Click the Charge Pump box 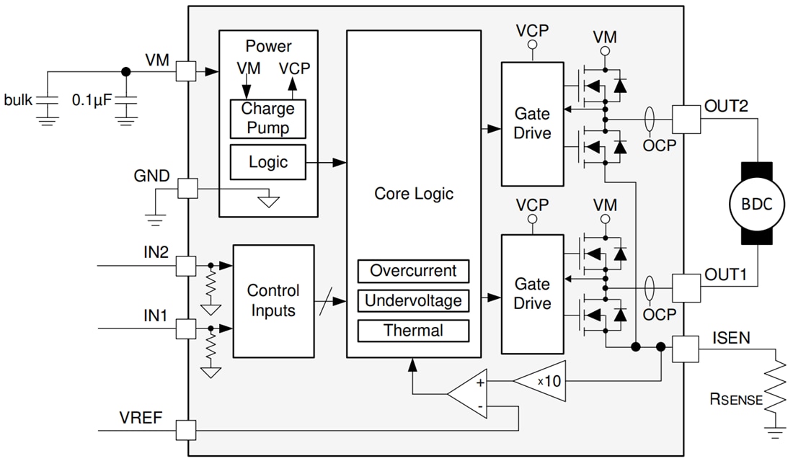pyautogui.click(x=267, y=119)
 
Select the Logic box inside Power pyautogui.click(x=267, y=162)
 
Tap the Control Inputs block pyautogui.click(x=273, y=300)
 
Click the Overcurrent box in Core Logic pyautogui.click(x=413, y=271)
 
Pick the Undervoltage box pyautogui.click(x=413, y=300)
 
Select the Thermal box pyautogui.click(x=413, y=331)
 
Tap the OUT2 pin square pyautogui.click(x=686, y=119)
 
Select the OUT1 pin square pyautogui.click(x=686, y=287)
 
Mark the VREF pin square pyautogui.click(x=186, y=431)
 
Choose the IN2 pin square pyautogui.click(x=186, y=266)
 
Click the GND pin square pyautogui.click(x=186, y=189)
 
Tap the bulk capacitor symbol pyautogui.click(x=48, y=100)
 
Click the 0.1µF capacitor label pyautogui.click(x=92, y=100)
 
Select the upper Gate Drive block pyautogui.click(x=532, y=123)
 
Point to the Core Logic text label pyautogui.click(x=413, y=194)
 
